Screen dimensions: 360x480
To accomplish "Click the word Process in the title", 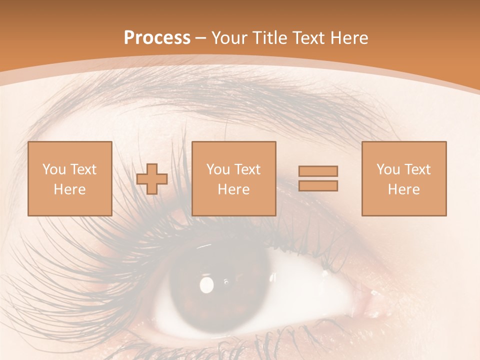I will click(x=157, y=38).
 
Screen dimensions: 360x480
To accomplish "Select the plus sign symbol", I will click(x=152, y=179).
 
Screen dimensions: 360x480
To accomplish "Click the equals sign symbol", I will click(x=318, y=178).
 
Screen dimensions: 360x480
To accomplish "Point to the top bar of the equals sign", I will click(x=318, y=171).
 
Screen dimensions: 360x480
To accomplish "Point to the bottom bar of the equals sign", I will click(x=318, y=186).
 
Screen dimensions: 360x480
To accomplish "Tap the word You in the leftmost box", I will click(x=53, y=169).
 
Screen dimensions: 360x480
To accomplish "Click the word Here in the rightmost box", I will click(x=403, y=189).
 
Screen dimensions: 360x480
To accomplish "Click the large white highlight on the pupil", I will click(x=206, y=285).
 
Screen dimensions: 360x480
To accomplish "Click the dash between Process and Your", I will click(x=201, y=38).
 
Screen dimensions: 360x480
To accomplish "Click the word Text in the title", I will click(x=307, y=38).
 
